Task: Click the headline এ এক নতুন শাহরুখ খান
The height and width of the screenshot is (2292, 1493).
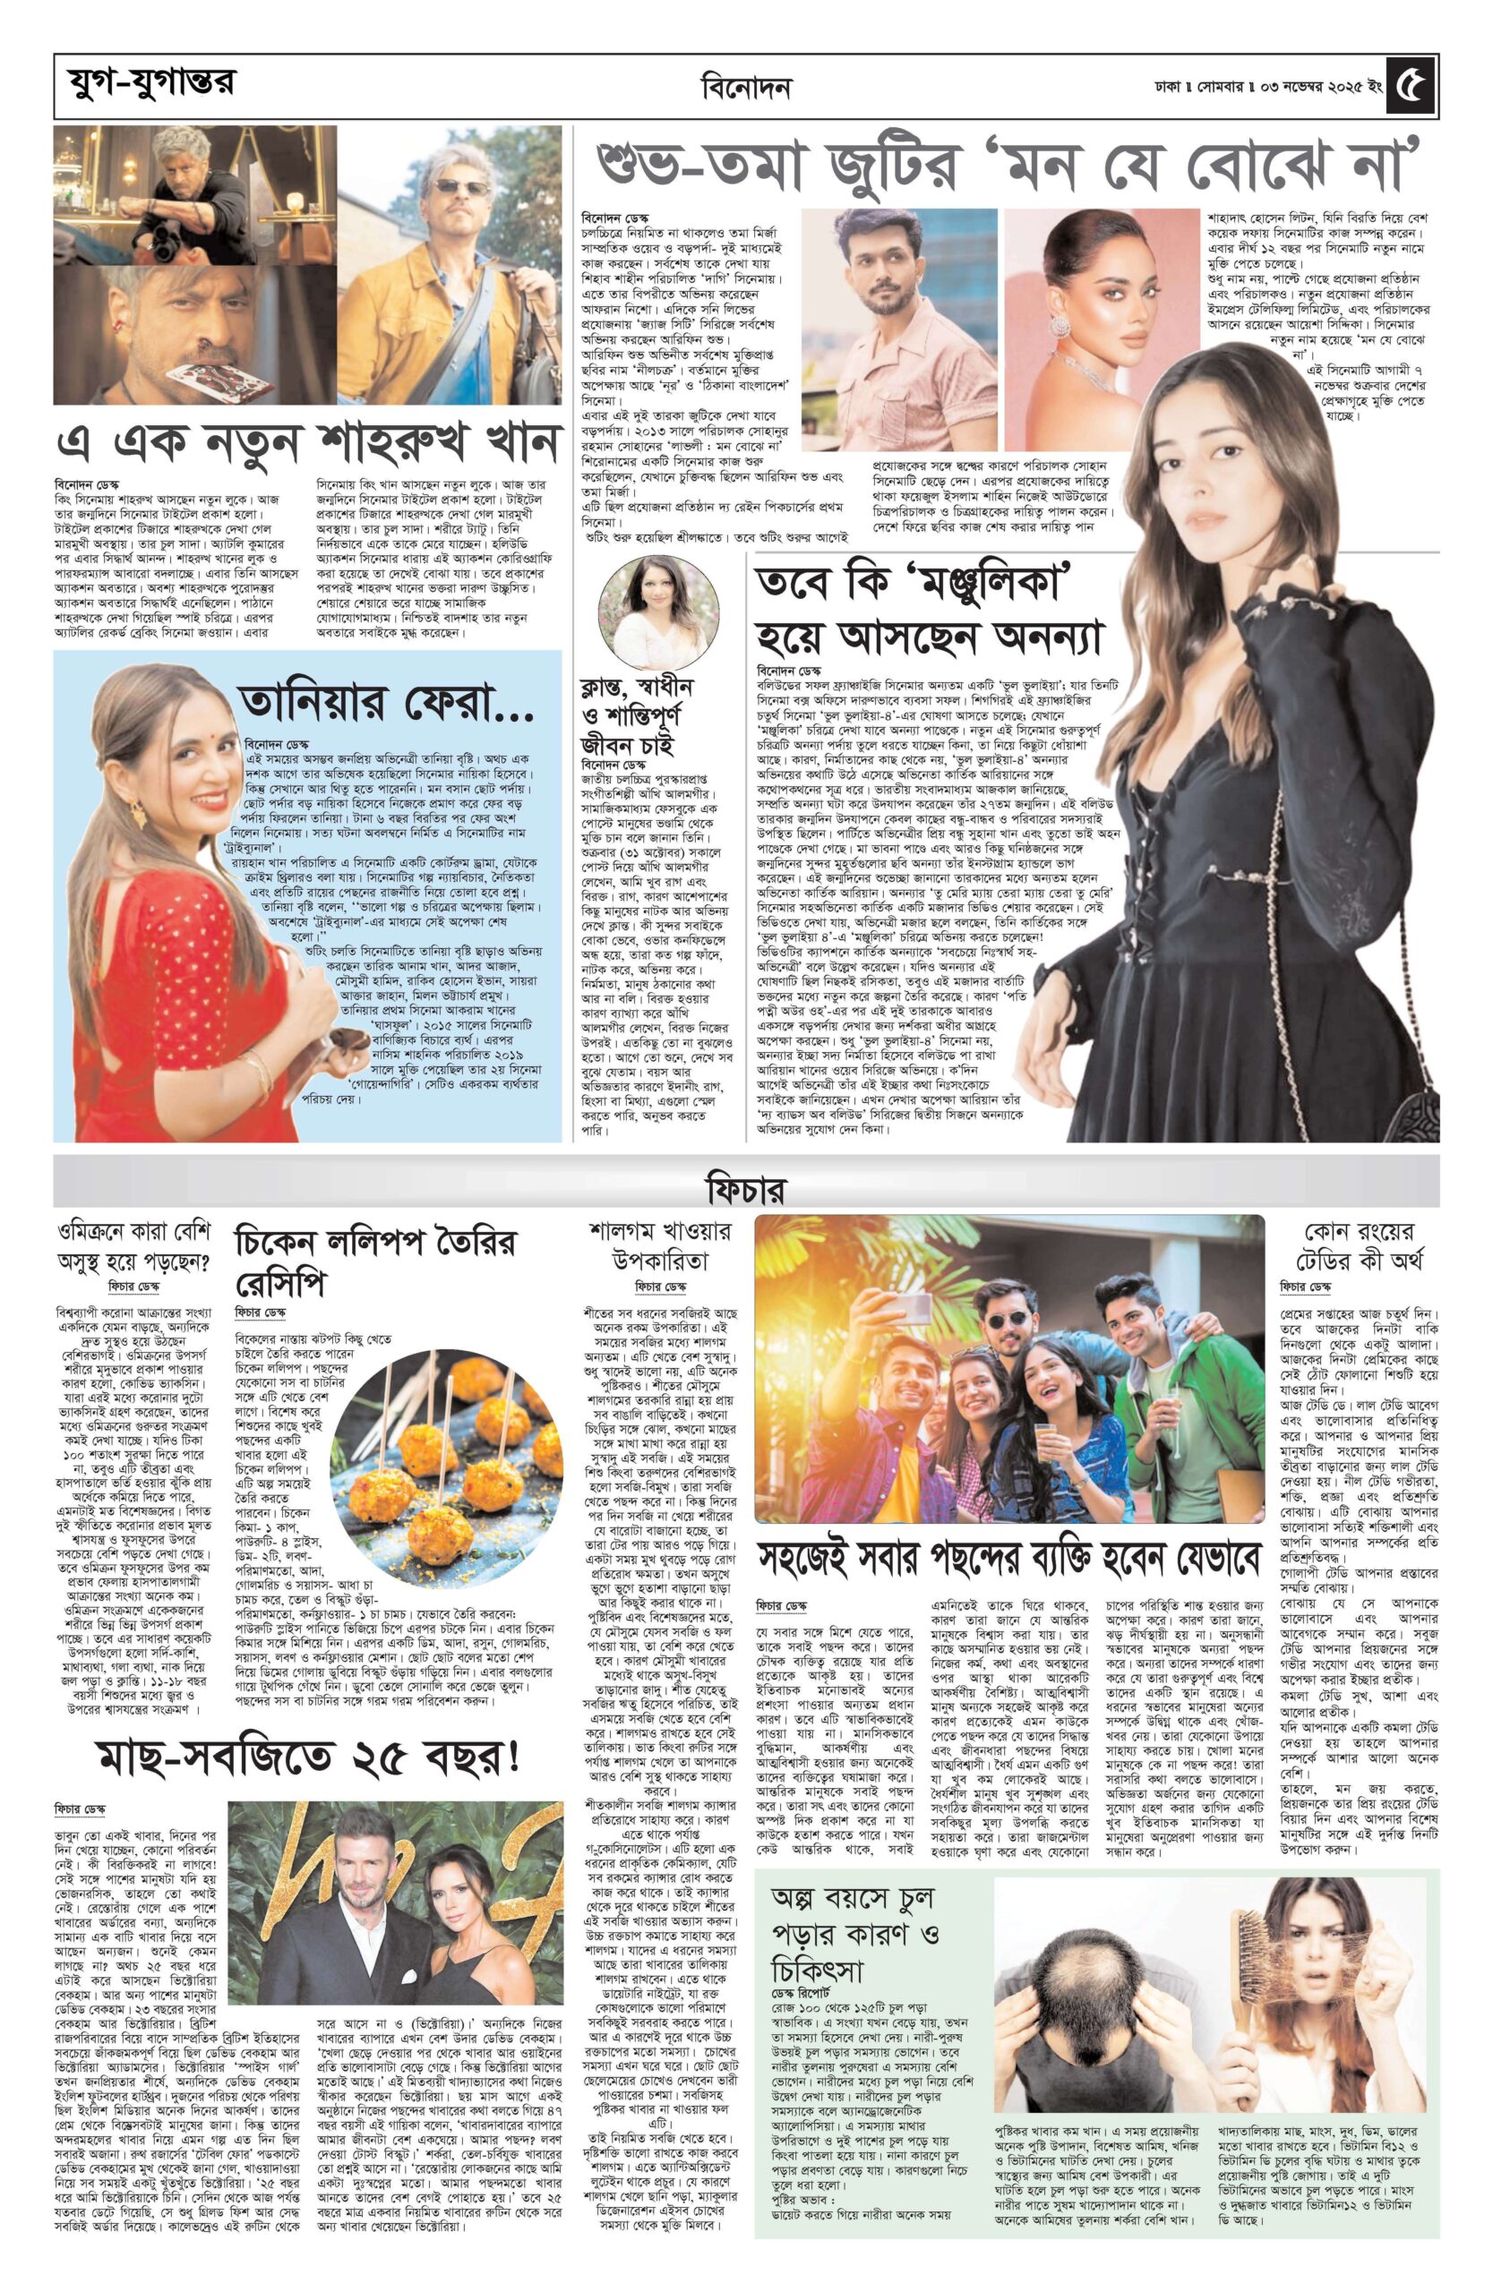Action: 308,445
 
